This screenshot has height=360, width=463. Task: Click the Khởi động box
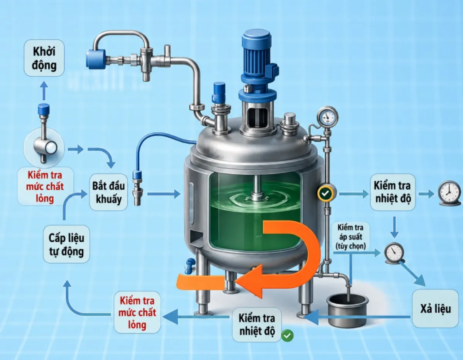pos(44,58)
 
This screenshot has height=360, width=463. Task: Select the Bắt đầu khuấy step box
pos(108,192)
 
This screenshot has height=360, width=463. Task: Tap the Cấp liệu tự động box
pos(66,244)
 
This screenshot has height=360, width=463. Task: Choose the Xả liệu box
pos(435,308)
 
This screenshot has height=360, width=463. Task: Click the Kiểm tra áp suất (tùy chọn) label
pos(350,237)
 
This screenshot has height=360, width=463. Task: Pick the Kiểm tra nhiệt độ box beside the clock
pos(393,192)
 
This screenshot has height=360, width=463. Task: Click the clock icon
pos(449,193)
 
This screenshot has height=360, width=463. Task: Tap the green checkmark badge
pos(287,336)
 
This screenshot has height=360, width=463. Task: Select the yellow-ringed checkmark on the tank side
pos(325,193)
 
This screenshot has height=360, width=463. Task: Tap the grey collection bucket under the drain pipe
pos(347,311)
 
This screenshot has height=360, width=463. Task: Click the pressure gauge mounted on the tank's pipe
pos(328,116)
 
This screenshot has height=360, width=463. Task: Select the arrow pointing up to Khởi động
pos(44,91)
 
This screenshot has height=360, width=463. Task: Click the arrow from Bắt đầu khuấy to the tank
pos(164,194)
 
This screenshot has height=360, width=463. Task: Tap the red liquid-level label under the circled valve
pos(45,187)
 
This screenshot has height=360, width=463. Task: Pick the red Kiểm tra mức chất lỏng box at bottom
pos(137,312)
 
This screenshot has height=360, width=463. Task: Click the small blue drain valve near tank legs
pos(189,266)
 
